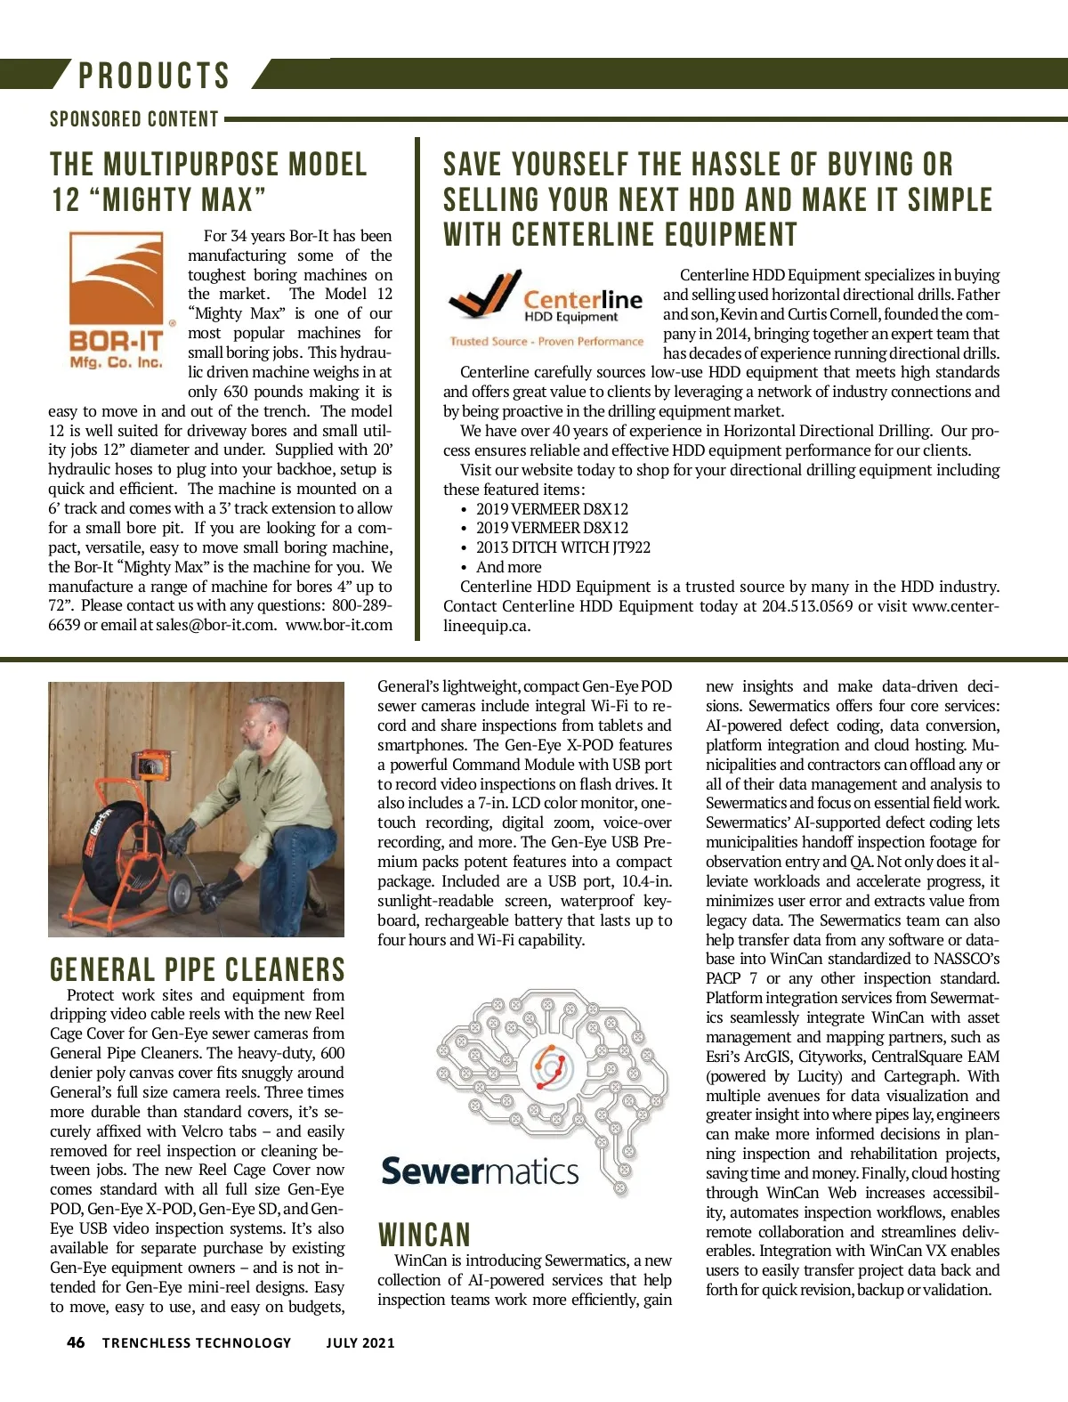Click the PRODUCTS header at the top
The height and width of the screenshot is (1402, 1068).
click(x=154, y=76)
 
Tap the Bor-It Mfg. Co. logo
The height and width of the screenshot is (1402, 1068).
click(x=117, y=301)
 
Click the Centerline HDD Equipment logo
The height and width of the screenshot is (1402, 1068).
click(x=546, y=297)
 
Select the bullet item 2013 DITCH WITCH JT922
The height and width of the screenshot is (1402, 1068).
click(x=562, y=547)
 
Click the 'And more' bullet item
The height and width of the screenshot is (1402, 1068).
click(x=508, y=567)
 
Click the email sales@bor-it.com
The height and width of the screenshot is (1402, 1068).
click(x=215, y=625)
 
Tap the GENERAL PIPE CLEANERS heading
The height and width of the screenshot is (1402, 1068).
click(x=197, y=969)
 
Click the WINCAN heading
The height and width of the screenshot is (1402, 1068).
click(x=424, y=1235)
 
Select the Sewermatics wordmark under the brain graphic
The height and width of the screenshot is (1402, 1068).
click(x=480, y=1171)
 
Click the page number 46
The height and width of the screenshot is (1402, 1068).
click(x=76, y=1342)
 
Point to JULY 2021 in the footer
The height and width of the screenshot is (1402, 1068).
click(x=360, y=1342)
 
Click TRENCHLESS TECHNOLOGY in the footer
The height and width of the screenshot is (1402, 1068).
click(x=197, y=1342)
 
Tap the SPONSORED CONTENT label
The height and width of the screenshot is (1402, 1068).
click(x=134, y=119)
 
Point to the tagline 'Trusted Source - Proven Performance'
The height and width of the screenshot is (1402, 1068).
click(x=546, y=341)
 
